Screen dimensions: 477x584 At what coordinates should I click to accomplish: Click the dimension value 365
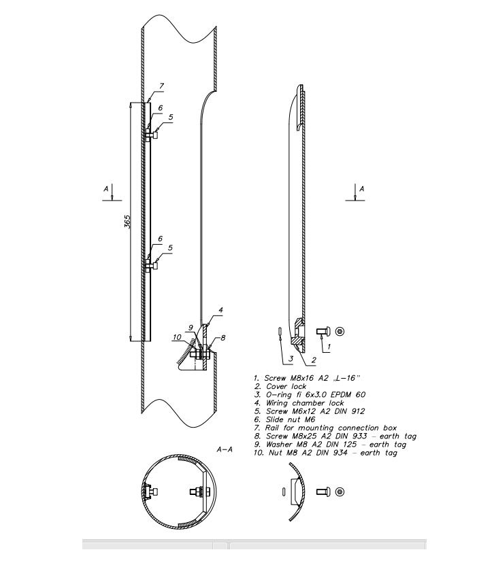coord(127,222)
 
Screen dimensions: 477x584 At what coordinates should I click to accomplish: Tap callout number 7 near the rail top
coord(161,86)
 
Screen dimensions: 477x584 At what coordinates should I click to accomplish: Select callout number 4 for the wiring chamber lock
coord(220,310)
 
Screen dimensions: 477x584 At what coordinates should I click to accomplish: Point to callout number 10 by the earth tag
coord(177,337)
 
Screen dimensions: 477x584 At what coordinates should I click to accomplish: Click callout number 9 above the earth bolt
coord(191,328)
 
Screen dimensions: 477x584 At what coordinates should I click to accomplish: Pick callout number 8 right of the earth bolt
coord(223,338)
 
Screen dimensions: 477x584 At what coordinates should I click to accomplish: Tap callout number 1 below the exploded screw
coord(329,346)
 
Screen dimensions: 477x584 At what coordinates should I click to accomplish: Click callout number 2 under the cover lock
coord(314,360)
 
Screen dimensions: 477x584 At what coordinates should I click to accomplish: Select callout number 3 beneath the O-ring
coord(291,359)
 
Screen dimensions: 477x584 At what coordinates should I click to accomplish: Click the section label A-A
coord(225,449)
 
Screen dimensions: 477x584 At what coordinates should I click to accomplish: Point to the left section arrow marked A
coord(112,192)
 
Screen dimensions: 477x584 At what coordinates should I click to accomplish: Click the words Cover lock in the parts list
coord(286,386)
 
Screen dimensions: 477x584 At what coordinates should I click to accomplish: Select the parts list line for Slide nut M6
coord(284,419)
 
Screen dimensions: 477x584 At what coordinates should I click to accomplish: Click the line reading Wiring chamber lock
coord(299,403)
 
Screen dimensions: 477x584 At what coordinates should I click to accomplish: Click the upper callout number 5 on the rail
coord(171,117)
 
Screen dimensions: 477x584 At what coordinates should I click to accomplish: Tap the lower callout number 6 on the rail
coord(160,239)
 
